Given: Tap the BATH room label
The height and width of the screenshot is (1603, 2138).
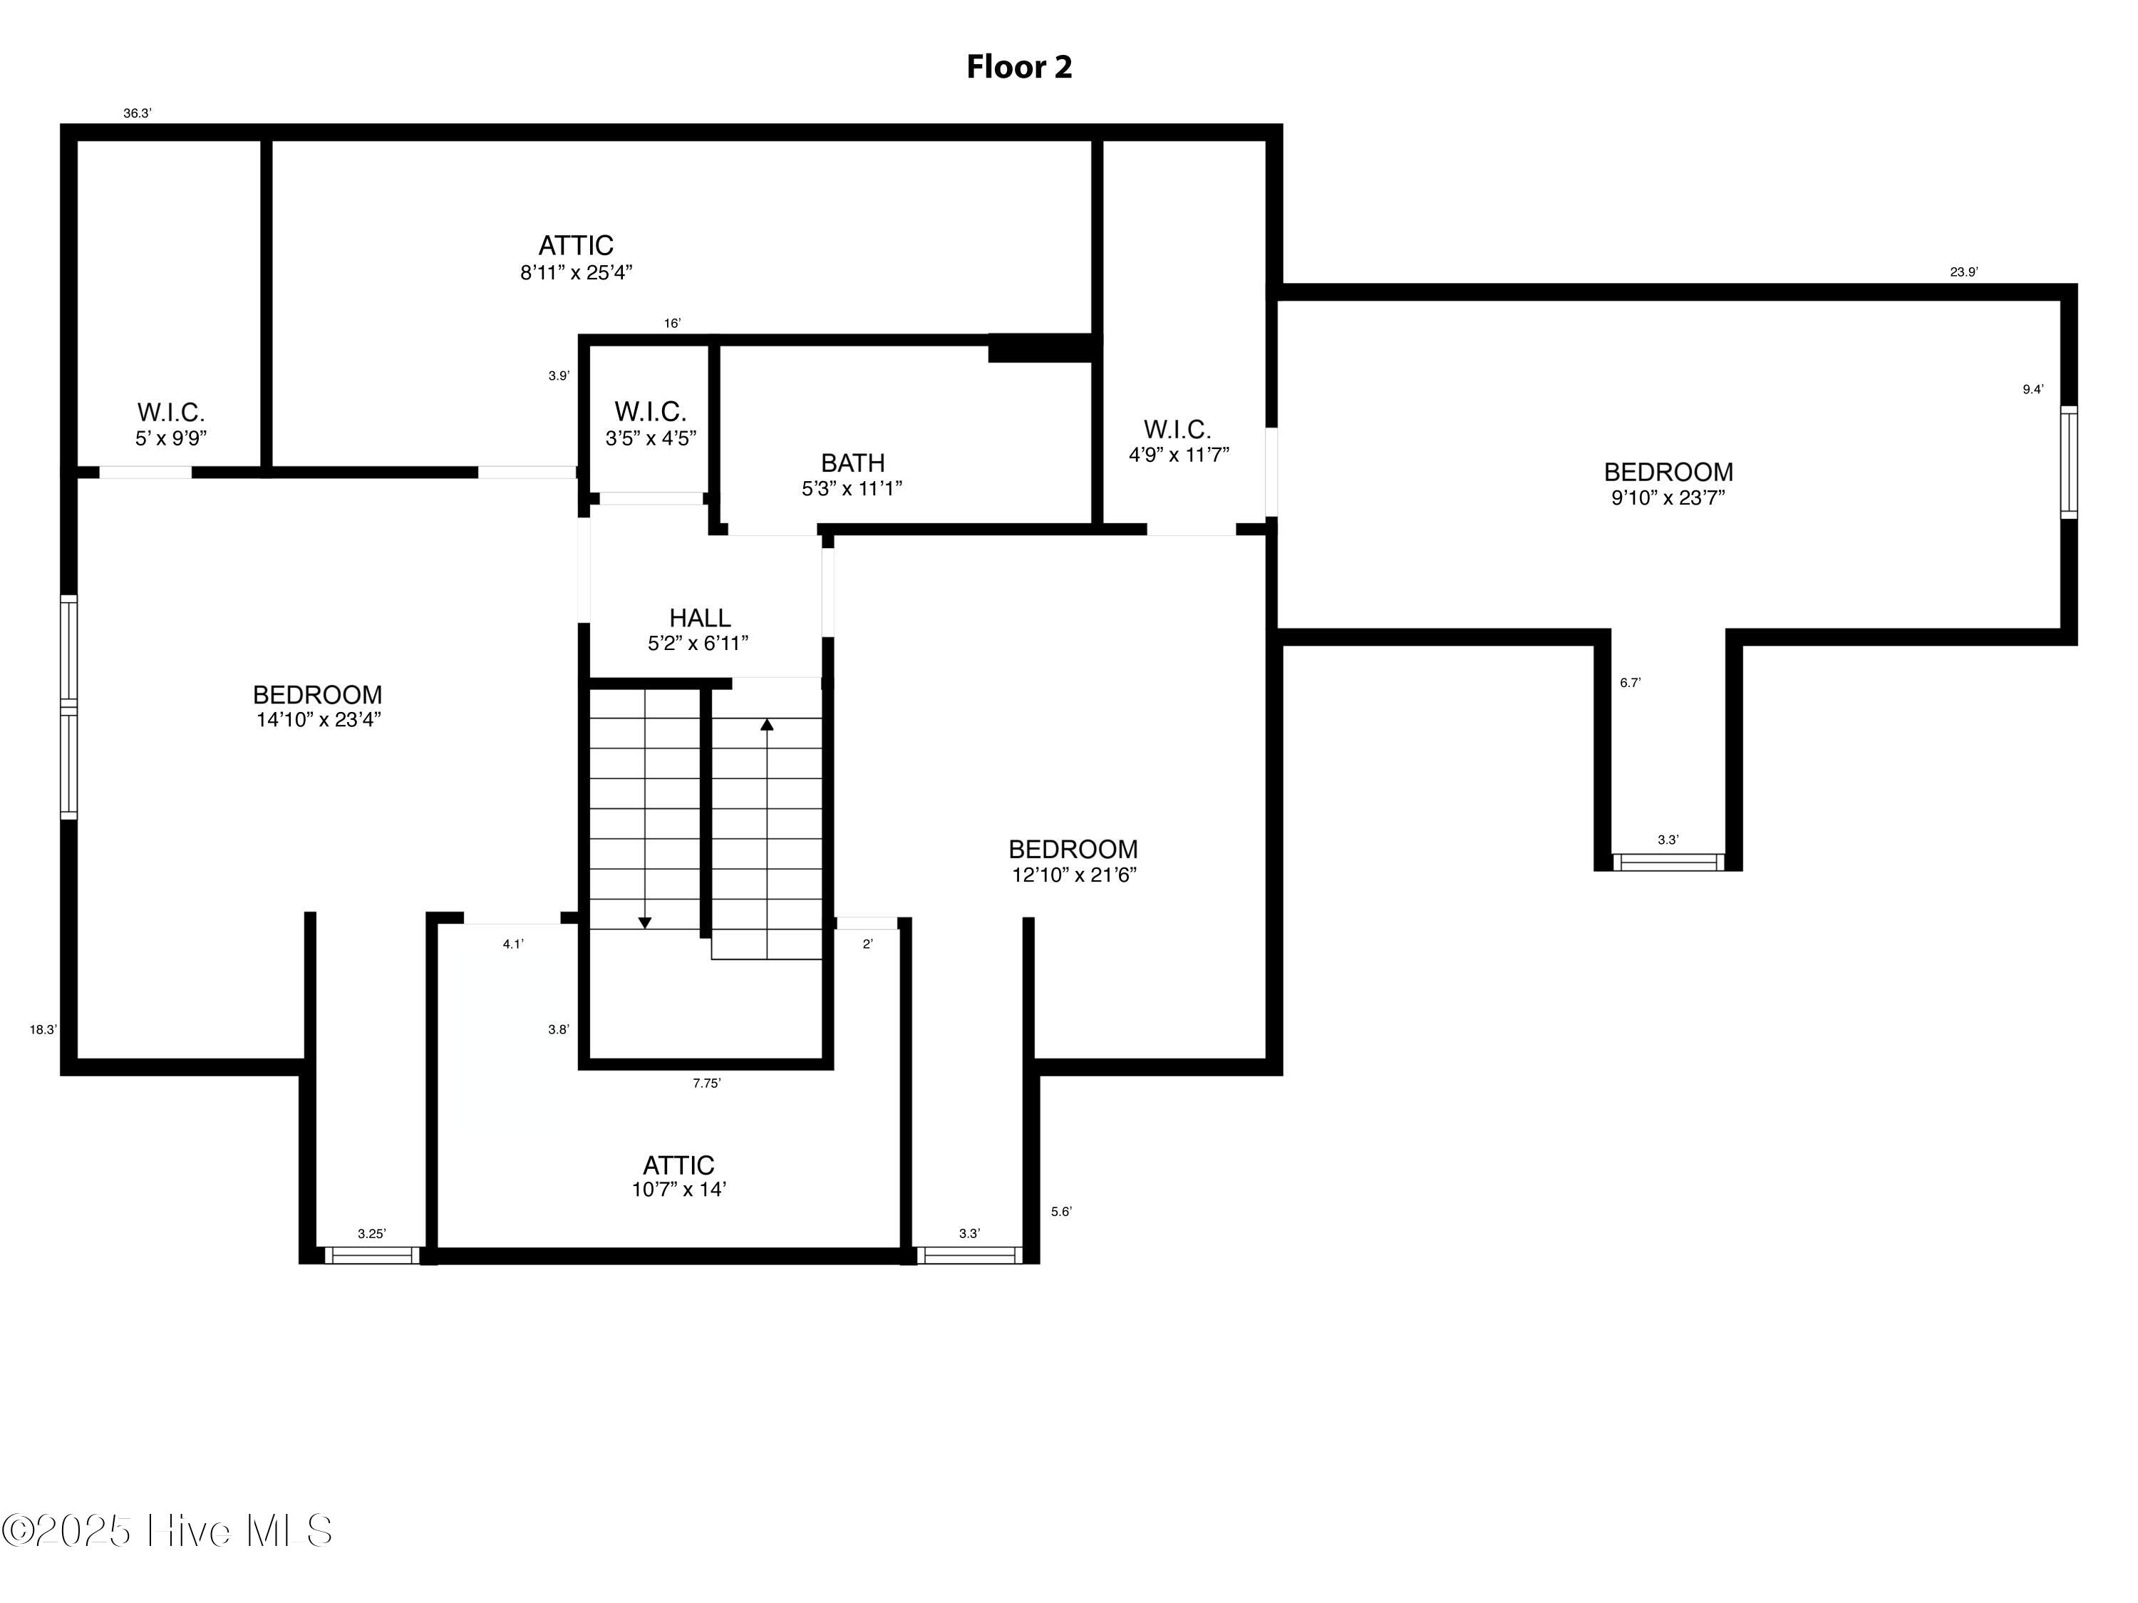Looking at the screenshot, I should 852,463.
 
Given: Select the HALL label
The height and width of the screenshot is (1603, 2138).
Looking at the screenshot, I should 699,618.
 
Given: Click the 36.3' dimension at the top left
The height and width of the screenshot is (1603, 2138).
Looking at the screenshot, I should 138,113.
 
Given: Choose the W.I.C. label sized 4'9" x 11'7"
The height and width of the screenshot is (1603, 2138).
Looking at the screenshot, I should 1177,429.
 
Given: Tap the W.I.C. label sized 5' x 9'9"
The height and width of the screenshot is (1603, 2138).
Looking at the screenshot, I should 170,413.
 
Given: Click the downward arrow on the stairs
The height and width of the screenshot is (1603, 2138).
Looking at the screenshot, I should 645,923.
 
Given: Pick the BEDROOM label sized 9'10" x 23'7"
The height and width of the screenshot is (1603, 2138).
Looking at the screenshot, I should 1668,472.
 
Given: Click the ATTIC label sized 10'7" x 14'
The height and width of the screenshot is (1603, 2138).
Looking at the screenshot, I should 678,1165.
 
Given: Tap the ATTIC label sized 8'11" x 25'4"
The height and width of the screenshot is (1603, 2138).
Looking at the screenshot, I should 576,246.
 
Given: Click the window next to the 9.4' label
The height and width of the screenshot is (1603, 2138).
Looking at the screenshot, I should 2068,462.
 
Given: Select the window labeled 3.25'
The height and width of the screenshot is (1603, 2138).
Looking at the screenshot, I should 371,1255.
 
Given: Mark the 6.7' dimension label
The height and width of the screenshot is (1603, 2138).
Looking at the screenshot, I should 1630,683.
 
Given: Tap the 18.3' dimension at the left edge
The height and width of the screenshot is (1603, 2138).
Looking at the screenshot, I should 43,1030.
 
